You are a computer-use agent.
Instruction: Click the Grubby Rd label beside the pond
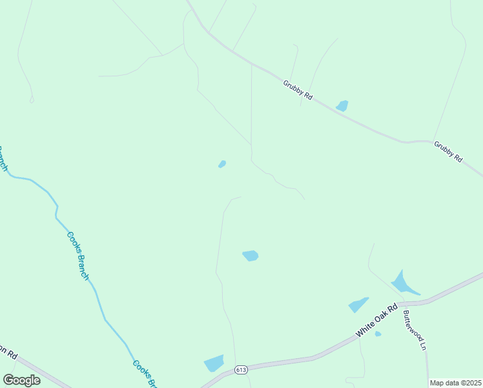coord(298,89)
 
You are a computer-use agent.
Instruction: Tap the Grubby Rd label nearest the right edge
coord(448,151)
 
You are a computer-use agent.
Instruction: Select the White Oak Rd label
coord(378,321)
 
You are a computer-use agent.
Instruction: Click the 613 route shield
coord(241,369)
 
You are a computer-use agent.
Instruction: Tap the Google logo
coord(21,380)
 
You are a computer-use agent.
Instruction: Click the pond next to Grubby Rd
coord(342,105)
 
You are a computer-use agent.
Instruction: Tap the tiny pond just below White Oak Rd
coord(378,334)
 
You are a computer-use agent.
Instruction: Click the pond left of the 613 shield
coord(214,363)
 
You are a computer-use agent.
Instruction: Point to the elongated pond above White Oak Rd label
coord(358,305)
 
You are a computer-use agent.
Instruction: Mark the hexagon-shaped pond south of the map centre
coord(251,256)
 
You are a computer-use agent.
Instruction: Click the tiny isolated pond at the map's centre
coord(222,164)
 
